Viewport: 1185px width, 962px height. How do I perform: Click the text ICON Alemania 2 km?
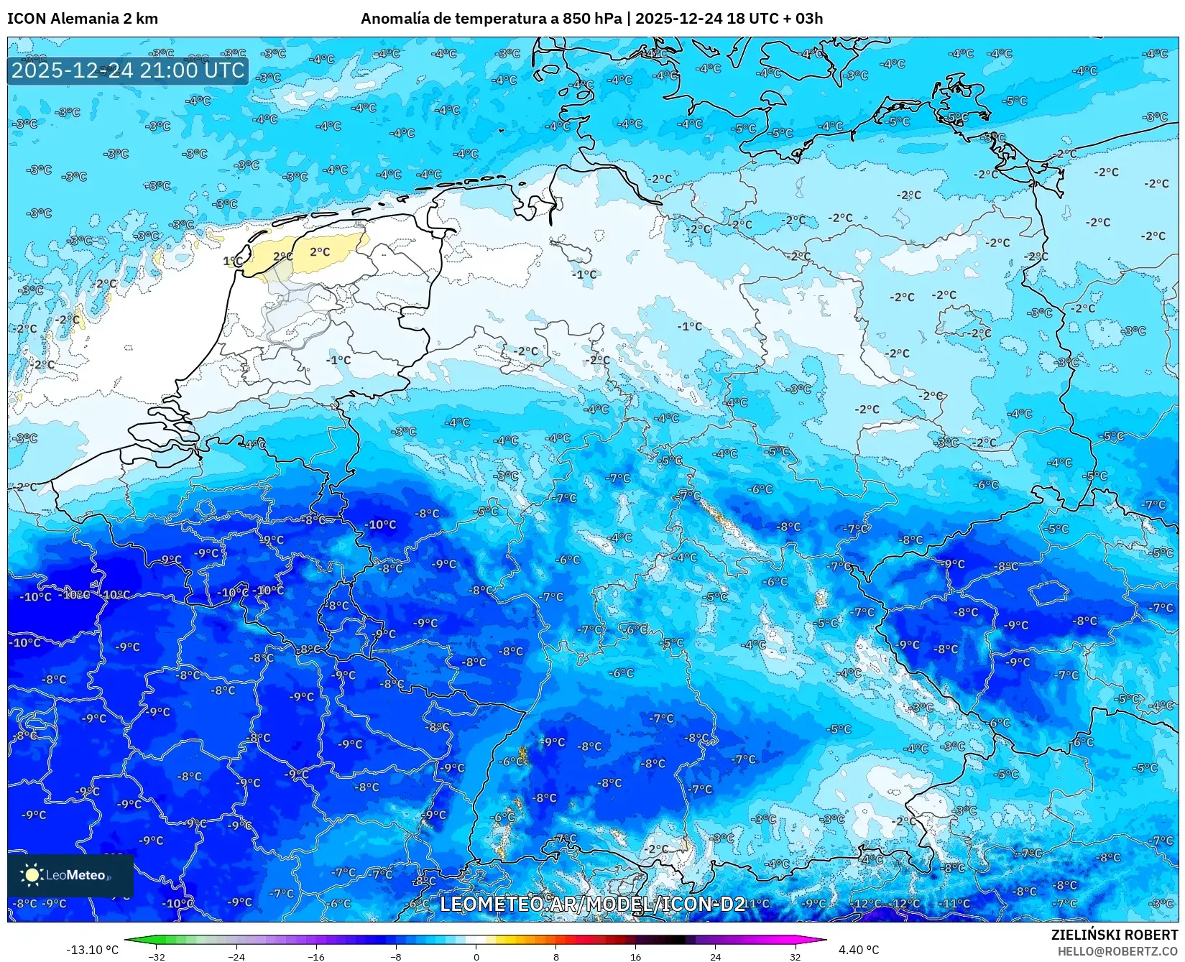click(83, 19)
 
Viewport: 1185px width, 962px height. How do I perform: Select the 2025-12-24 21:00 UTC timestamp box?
click(128, 70)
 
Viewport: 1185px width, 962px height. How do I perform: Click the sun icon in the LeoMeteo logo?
click(32, 874)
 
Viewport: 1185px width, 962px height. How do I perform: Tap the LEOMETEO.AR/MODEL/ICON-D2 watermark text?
click(592, 904)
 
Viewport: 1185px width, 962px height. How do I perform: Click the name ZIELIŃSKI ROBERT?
click(1115, 935)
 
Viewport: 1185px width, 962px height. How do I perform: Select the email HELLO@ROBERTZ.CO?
click(1117, 951)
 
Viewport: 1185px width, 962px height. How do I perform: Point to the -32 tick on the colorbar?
click(157, 956)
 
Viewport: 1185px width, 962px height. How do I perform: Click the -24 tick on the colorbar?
click(236, 956)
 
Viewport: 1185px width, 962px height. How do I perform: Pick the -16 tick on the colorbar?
click(316, 956)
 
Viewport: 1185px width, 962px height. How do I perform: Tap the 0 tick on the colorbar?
click(476, 956)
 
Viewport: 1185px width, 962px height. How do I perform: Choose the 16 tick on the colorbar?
click(635, 956)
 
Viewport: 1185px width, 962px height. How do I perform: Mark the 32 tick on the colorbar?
click(795, 956)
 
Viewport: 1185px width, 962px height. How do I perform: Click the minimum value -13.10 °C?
click(92, 950)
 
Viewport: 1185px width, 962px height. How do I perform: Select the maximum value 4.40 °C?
click(859, 950)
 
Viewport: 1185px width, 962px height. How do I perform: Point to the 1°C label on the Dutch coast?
click(231, 262)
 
